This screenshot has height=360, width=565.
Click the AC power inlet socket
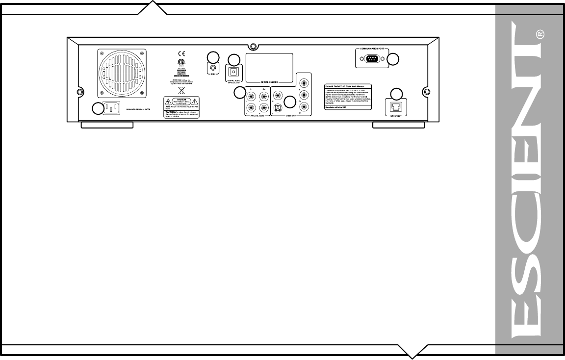tap(112, 109)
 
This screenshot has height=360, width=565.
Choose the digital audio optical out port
tap(233, 71)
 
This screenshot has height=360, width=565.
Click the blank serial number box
tap(269, 66)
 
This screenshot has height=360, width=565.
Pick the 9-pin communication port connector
tap(373, 59)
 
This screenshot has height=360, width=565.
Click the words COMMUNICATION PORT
tap(373, 50)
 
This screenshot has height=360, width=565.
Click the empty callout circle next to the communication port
tap(393, 59)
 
